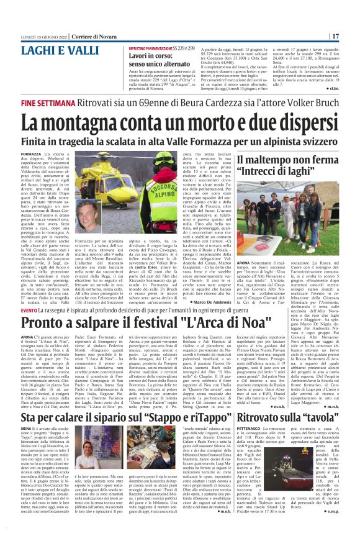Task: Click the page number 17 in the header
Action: click(351, 36)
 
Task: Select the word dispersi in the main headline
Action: click(307, 122)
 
